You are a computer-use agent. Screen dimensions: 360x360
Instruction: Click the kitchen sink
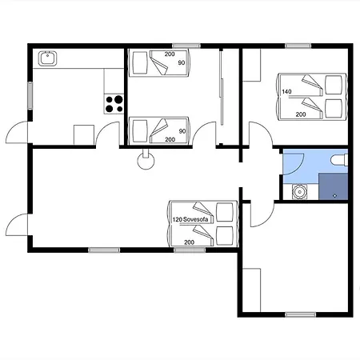coord(48,58)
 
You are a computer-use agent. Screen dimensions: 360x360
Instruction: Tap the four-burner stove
coord(114,104)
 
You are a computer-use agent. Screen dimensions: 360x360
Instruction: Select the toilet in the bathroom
coord(339,161)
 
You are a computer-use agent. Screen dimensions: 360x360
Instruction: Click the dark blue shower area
coord(334,186)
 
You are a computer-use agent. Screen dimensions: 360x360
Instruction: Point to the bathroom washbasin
coord(300,192)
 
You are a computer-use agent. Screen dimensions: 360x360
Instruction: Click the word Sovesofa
coord(195,219)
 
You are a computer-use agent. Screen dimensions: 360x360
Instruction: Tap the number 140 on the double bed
coord(286,91)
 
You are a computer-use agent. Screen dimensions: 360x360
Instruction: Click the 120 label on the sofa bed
coord(177,220)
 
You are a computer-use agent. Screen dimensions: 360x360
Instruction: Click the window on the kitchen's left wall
coord(30,95)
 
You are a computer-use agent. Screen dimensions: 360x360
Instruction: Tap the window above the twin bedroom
coord(186,46)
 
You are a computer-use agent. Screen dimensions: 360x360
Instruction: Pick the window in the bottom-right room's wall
coord(300,314)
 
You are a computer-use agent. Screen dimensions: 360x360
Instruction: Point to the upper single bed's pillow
coord(140,62)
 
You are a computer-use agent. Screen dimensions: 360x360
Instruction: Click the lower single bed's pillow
coord(140,131)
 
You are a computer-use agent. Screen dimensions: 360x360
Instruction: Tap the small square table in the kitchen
coord(84,135)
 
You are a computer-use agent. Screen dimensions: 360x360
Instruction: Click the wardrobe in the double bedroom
coord(251,65)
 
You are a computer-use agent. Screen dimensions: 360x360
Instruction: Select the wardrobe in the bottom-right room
coord(251,290)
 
